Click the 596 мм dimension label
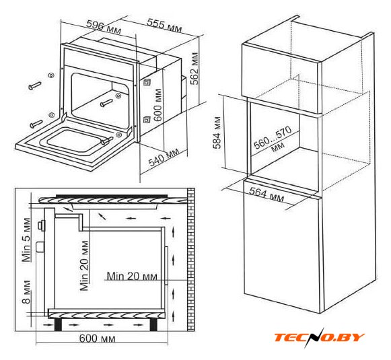pyautogui.click(x=104, y=27)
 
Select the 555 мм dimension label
pyautogui.click(x=164, y=25)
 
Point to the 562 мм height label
pyautogui.click(x=194, y=69)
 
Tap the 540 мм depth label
pyautogui.click(x=164, y=157)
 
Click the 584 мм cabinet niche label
pyautogui.click(x=217, y=132)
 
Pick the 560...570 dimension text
pyautogui.click(x=273, y=137)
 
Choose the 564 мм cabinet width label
pyautogui.click(x=266, y=194)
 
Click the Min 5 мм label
pyautogui.click(x=26, y=240)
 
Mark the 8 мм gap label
pyautogui.click(x=26, y=292)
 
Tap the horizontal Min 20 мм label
pyautogui.click(x=132, y=277)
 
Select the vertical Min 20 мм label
pyautogui.click(x=85, y=266)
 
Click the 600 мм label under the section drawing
pyautogui.click(x=98, y=338)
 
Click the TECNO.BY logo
pyautogui.click(x=320, y=337)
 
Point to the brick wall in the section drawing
pyautogui.click(x=190, y=259)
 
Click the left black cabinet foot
pyautogui.click(x=58, y=324)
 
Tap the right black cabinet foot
pyautogui.click(x=154, y=324)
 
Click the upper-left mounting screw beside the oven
pyautogui.click(x=35, y=85)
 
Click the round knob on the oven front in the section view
pyautogui.click(x=40, y=226)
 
